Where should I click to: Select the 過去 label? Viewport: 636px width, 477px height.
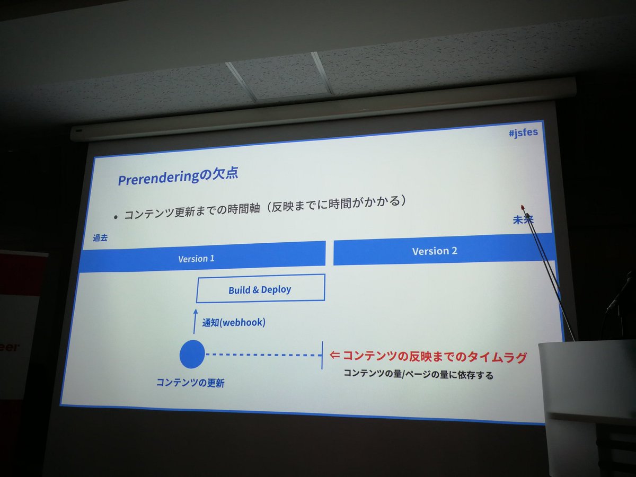(100, 238)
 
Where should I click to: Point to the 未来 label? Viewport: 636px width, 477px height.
(522, 219)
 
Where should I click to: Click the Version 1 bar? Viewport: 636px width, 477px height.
(201, 258)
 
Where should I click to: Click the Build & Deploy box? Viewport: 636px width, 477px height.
(260, 289)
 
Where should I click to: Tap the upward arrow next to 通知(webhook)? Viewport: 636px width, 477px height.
(195, 321)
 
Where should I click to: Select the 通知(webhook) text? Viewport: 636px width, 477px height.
(233, 322)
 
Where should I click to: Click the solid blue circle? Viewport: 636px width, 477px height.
(192, 354)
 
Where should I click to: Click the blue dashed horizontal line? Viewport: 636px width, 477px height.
(262, 355)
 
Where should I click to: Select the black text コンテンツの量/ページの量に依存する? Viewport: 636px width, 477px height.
(418, 375)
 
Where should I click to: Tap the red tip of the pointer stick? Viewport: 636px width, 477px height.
(523, 207)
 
